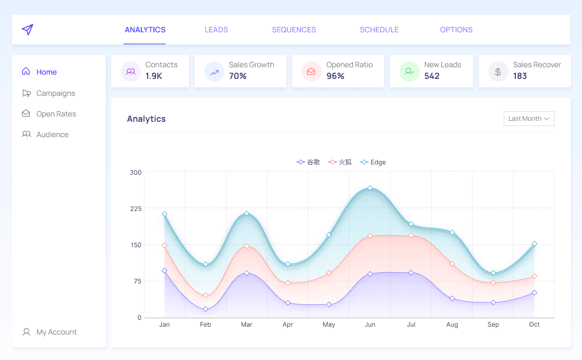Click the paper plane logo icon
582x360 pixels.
coord(28,30)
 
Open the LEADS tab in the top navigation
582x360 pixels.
coord(216,30)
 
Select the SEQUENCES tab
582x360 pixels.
coord(294,30)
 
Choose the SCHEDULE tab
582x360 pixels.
coord(379,30)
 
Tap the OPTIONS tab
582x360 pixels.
coord(456,30)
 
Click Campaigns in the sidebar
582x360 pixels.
coord(56,93)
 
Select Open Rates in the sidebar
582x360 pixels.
coord(56,114)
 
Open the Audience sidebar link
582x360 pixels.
coord(52,134)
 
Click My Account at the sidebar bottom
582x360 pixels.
coord(57,332)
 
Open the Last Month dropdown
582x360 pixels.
coord(529,119)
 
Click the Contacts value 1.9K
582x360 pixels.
coord(154,76)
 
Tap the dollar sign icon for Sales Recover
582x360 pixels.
coord(498,71)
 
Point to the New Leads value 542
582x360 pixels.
coord(432,76)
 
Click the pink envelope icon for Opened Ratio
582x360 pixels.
coord(311,71)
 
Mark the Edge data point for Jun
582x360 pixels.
coord(370,188)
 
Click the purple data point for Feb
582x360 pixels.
coord(205,309)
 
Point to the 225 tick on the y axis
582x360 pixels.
coord(136,209)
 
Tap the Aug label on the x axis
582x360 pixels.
coord(452,325)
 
